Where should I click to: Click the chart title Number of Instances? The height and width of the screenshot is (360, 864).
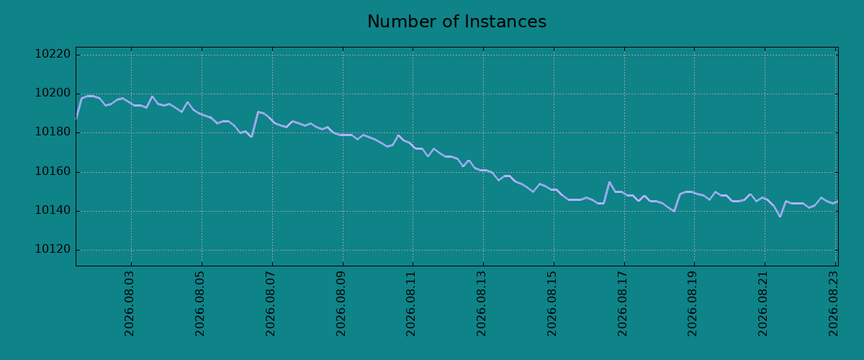tap(456, 22)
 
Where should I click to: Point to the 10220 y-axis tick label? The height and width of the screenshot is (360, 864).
tap(53, 54)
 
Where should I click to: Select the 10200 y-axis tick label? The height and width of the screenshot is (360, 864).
tap(53, 94)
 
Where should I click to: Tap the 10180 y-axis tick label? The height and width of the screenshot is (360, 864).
tap(53, 132)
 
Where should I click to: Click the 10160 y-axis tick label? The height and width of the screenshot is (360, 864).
tap(53, 171)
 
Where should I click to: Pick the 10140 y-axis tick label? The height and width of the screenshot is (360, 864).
tap(53, 211)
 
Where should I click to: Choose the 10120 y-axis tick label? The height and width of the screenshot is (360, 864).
tap(53, 250)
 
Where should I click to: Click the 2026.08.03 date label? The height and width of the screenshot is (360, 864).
tap(129, 304)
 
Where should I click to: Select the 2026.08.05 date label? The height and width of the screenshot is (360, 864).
tap(200, 304)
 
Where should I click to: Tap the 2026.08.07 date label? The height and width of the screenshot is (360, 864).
tap(271, 304)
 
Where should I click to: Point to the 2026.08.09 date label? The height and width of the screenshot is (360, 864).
tap(341, 304)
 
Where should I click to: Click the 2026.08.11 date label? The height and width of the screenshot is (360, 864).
tap(411, 304)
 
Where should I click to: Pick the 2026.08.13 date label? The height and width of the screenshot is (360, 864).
tap(482, 304)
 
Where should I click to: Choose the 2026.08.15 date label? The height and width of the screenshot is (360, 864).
tap(552, 304)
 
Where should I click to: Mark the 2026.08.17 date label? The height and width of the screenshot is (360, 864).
tap(623, 304)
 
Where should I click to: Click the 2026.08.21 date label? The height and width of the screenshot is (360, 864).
tap(763, 304)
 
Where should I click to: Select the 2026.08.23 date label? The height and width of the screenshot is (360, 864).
tap(834, 304)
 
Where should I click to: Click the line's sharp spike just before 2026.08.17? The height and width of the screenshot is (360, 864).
tap(609, 182)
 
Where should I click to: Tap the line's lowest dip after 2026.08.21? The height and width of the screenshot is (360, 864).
tap(780, 217)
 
